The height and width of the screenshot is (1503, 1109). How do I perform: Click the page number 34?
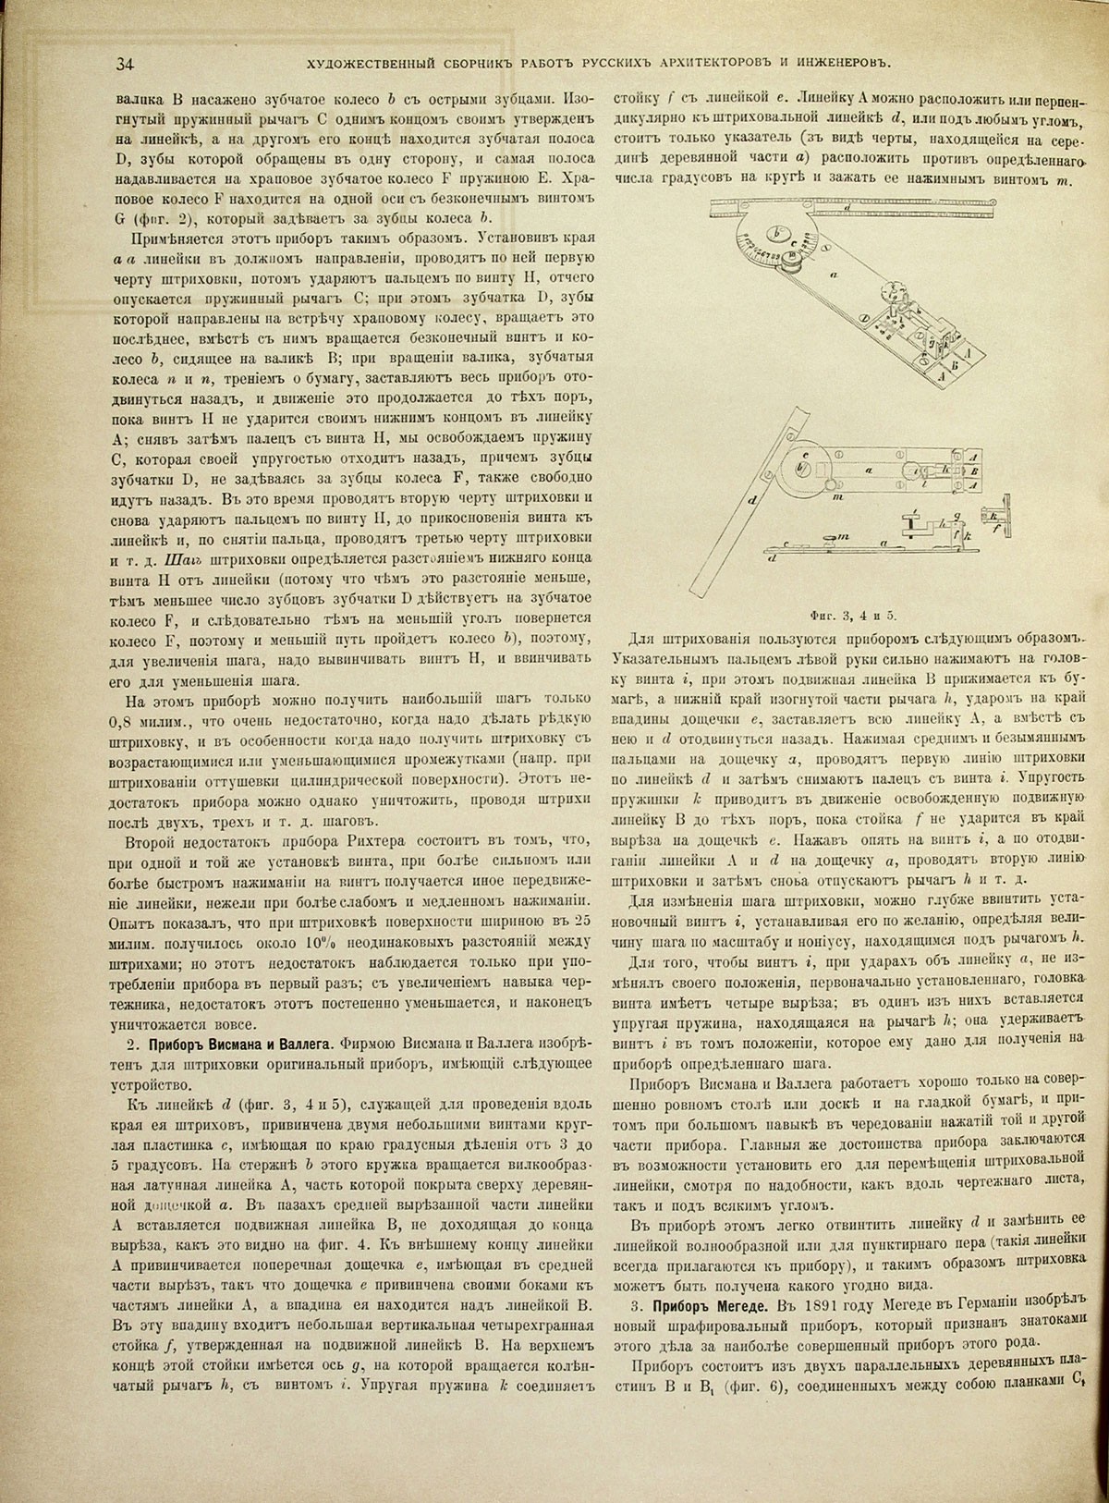click(x=126, y=64)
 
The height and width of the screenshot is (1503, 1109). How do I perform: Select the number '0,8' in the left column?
click(x=122, y=722)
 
